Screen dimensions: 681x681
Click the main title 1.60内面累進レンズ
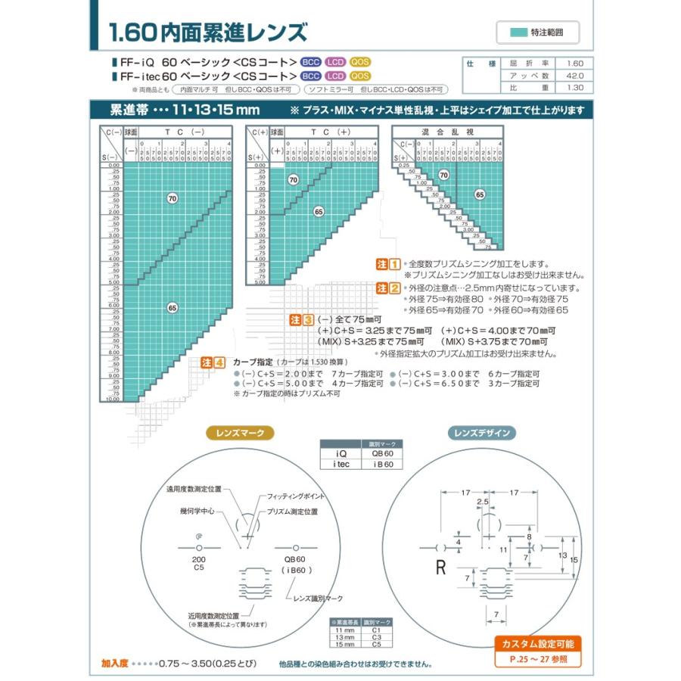tap(208, 33)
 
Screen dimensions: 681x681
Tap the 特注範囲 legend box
tap(538, 33)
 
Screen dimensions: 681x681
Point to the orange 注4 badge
tap(213, 362)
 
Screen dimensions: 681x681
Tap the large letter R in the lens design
tap(440, 567)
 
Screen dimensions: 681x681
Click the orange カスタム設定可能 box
tap(538, 644)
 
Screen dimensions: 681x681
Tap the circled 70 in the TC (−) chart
tap(172, 197)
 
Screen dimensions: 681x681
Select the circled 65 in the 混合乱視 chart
tap(479, 194)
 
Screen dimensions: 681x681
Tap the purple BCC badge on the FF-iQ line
tap(310, 62)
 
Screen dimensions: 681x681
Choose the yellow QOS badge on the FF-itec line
tap(359, 76)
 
